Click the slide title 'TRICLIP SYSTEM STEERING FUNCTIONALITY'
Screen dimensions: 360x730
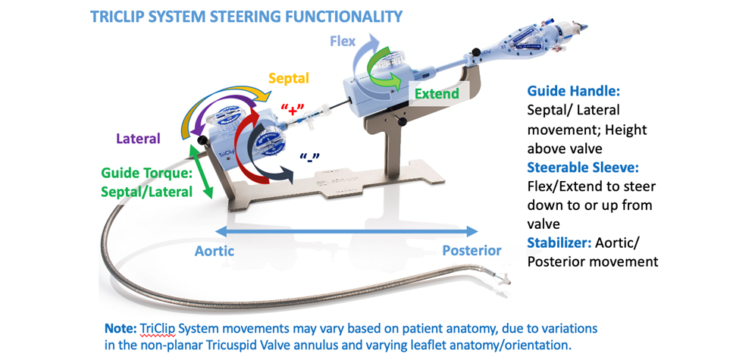(x=246, y=16)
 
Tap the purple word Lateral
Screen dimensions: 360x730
(x=138, y=139)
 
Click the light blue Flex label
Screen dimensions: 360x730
(x=342, y=39)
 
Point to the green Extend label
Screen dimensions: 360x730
(x=437, y=94)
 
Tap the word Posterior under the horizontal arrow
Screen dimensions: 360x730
(x=471, y=251)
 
